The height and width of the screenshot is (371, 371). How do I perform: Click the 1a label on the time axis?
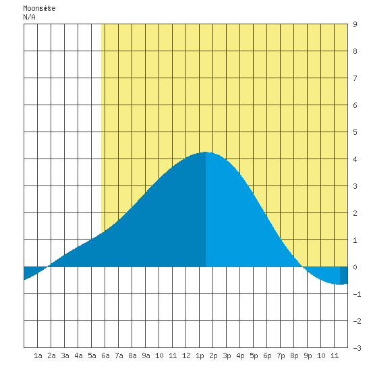tap(38, 355)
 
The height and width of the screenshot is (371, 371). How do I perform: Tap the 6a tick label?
tap(105, 355)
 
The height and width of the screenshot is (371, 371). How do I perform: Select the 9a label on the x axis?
tap(146, 355)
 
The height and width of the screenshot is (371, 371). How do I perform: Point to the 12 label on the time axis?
tap(186, 355)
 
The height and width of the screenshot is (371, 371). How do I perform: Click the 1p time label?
tap(200, 355)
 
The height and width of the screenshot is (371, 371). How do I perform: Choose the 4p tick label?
tap(240, 355)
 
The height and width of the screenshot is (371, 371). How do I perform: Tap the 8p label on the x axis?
tap(294, 355)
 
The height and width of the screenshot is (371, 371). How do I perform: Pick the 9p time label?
tap(308, 355)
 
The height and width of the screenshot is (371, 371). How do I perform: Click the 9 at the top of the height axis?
tap(355, 24)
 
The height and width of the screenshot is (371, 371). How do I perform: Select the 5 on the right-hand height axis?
tap(355, 132)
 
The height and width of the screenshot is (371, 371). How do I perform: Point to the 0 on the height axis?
tap(355, 267)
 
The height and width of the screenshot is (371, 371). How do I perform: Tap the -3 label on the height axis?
tap(357, 348)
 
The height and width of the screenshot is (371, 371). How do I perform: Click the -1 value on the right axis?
tap(357, 294)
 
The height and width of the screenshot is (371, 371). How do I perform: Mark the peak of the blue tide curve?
tap(205, 152)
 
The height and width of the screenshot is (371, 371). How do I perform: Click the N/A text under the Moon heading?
tap(29, 17)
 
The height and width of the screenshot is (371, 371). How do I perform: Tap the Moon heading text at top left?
tap(39, 8)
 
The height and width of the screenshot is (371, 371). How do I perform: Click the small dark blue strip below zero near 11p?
tap(343, 275)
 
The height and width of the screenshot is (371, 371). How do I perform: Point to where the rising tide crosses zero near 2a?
tap(48, 267)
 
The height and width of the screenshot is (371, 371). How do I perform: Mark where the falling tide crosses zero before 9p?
tap(303, 267)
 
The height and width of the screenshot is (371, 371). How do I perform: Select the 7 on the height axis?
tap(355, 78)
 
